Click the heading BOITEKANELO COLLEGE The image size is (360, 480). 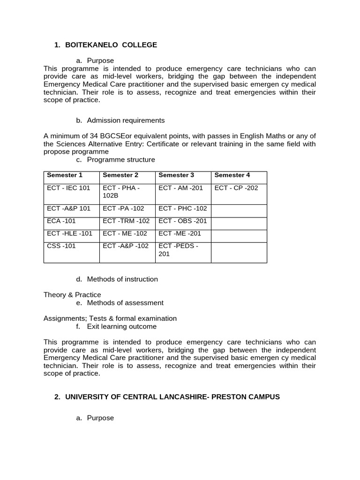[x=111, y=45]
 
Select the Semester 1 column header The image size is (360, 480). [x=65, y=175]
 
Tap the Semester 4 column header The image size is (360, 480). [x=232, y=175]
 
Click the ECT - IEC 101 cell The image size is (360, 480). [x=68, y=187]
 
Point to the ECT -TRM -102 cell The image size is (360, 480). [x=126, y=221]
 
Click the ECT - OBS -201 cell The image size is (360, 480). [x=183, y=221]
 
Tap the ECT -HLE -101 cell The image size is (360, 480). [x=70, y=233]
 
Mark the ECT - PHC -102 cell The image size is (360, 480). [x=183, y=208]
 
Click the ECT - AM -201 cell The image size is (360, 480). [x=180, y=187]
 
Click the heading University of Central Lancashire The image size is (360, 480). [x=172, y=397]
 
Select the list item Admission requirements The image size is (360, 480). [x=126, y=120]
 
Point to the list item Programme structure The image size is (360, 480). [x=120, y=159]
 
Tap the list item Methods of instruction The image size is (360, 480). [x=122, y=279]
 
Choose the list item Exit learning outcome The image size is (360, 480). [x=122, y=326]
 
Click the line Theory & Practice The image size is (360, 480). [x=72, y=294]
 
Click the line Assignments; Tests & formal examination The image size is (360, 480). [x=110, y=318]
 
